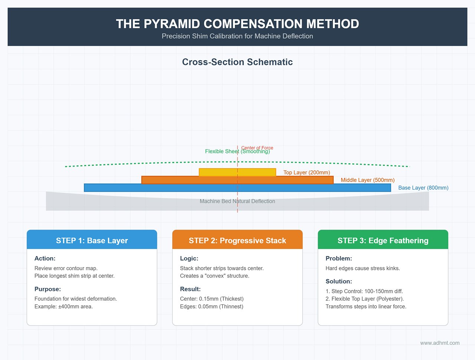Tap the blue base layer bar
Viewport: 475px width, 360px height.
148,188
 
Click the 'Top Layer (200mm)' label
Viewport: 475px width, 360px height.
307,173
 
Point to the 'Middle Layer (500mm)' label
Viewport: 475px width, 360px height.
367,180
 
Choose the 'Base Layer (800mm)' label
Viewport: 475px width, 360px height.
423,188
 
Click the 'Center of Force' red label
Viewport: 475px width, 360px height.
258,148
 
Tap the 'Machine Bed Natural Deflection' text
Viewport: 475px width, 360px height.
237,201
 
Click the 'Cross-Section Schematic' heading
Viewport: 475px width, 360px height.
237,62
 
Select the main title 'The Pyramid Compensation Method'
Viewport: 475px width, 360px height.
237,24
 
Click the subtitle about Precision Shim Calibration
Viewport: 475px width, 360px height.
237,36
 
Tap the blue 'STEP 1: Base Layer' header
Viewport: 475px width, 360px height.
92,240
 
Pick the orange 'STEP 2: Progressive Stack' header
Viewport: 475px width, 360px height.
237,240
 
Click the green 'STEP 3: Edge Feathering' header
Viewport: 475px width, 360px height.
383,240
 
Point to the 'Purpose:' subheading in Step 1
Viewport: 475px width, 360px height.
47,289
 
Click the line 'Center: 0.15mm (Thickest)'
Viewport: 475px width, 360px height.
212,299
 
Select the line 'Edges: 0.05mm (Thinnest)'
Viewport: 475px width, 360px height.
212,307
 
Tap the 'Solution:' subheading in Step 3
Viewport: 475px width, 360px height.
339,281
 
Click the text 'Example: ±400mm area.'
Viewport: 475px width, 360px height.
63,307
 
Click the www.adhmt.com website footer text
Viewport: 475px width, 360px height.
440,343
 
